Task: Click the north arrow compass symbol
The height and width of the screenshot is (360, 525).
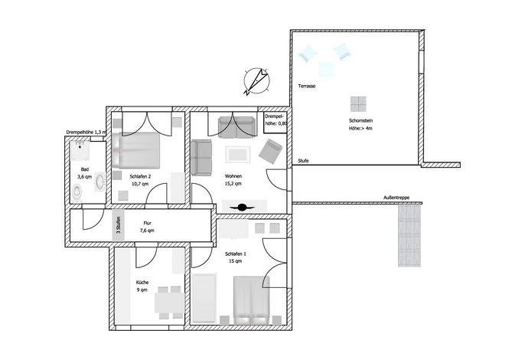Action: click(x=256, y=81)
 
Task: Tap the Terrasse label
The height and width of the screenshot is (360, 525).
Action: click(x=307, y=86)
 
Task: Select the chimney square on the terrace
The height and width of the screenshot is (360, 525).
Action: click(x=358, y=104)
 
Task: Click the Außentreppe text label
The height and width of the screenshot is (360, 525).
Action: click(x=396, y=198)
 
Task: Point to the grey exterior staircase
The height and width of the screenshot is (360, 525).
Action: click(x=409, y=236)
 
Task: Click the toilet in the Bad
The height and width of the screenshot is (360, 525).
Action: click(x=77, y=192)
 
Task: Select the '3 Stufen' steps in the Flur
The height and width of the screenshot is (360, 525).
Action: click(x=118, y=225)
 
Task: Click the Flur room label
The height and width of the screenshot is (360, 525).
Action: click(x=147, y=223)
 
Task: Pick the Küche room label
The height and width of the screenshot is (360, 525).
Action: click(x=142, y=282)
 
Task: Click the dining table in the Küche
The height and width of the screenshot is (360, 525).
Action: click(x=169, y=303)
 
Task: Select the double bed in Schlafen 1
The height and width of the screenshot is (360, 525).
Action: click(x=252, y=299)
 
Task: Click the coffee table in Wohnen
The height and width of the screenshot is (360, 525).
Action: click(x=238, y=155)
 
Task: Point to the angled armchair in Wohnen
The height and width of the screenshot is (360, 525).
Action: click(x=271, y=151)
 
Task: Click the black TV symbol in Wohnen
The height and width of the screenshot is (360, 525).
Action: click(x=242, y=207)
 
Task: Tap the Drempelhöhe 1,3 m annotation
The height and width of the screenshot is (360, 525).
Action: click(x=86, y=132)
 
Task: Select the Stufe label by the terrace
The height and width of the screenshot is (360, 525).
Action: click(x=303, y=161)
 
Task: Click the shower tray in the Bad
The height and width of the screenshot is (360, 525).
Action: click(x=80, y=151)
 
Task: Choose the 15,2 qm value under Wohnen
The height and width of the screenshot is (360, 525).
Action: click(x=233, y=184)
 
